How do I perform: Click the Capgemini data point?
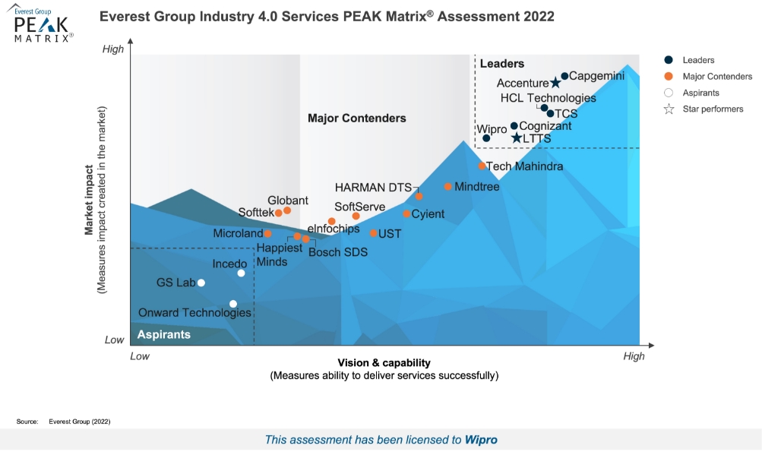[564, 76]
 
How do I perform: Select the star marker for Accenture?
[555, 83]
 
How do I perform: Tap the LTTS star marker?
[517, 138]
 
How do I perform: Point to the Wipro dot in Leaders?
[486, 138]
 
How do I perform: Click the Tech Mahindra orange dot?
[482, 166]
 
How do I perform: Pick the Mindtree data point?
[448, 186]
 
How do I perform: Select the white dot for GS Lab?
[201, 283]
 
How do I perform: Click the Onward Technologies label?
[194, 313]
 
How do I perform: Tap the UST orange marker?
[373, 233]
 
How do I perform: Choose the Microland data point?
[267, 233]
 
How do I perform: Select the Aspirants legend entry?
[700, 93]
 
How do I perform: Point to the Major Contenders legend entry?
[717, 76]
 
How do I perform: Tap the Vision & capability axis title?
[384, 363]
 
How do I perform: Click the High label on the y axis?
[112, 49]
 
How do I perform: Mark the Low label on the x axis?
[140, 356]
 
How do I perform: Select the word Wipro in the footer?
[481, 439]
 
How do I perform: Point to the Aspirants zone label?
[163, 334]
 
